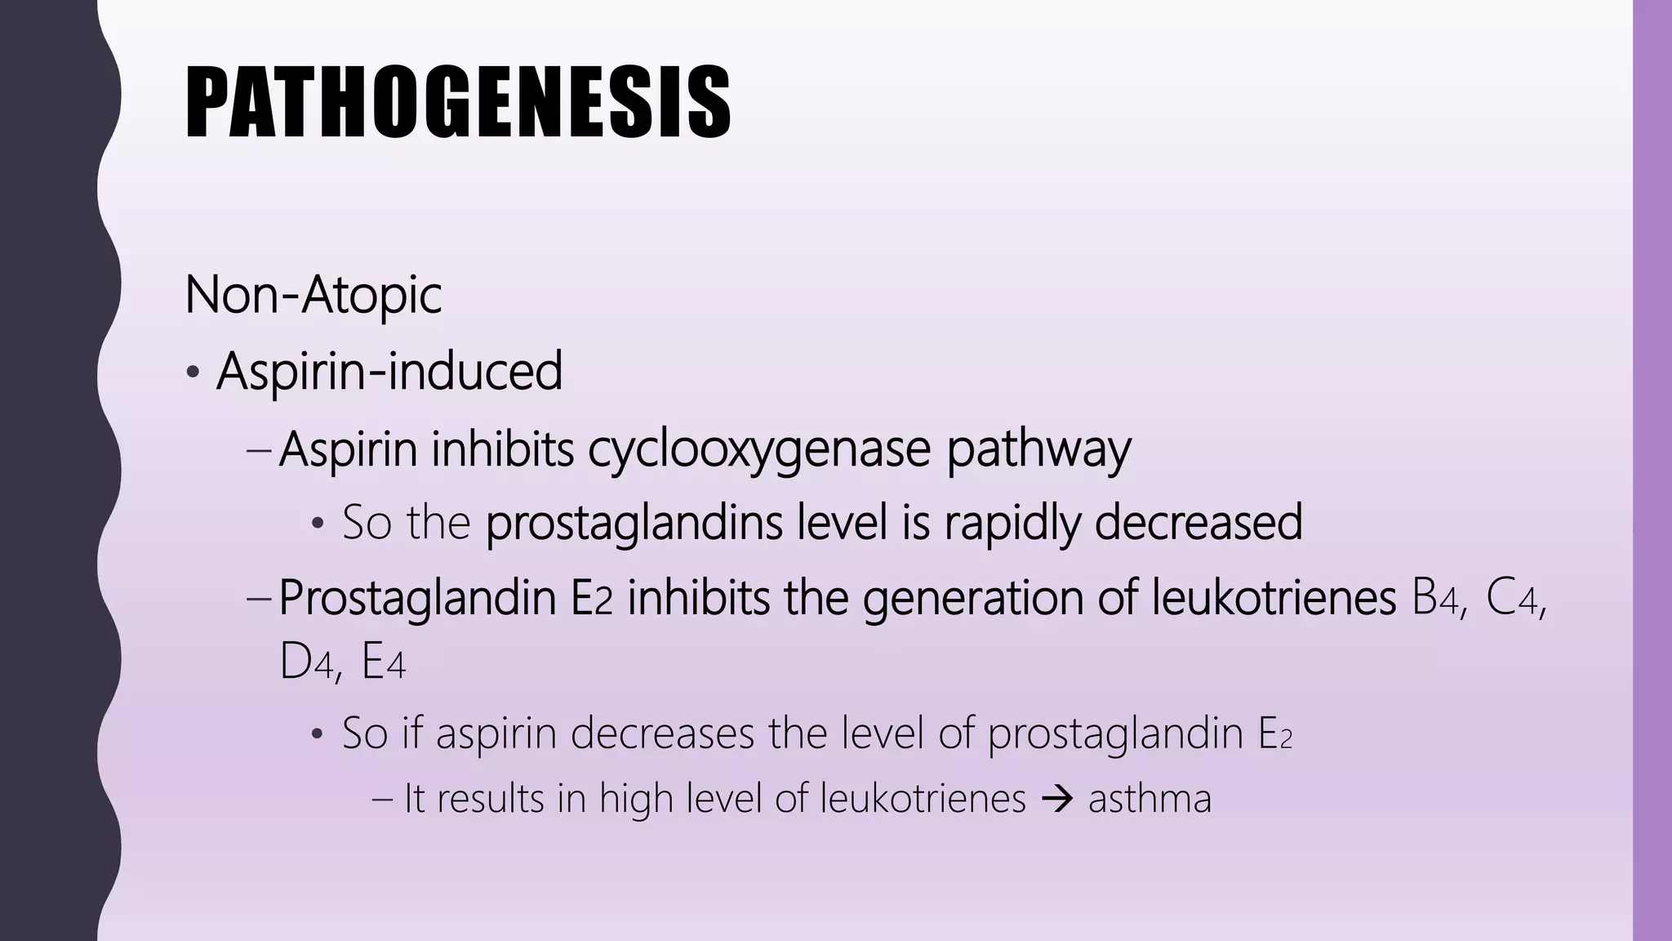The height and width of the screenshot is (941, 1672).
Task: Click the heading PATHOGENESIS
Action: (457, 102)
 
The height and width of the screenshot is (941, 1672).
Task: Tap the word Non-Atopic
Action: (313, 294)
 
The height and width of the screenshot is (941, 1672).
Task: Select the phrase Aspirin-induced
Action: (389, 371)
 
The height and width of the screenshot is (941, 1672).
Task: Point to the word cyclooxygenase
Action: (759, 449)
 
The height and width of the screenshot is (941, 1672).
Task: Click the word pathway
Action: (1038, 449)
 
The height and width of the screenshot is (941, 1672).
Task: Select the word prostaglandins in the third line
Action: (634, 523)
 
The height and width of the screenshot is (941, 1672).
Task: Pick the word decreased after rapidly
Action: (1198, 523)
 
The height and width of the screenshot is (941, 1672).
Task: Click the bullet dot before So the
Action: (318, 525)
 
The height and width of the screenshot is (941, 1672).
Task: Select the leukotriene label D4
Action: (305, 663)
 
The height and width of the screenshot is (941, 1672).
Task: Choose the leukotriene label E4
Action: (383, 663)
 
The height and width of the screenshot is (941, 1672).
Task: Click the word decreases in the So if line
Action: (663, 733)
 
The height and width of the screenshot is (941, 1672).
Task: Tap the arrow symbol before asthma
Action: (1056, 799)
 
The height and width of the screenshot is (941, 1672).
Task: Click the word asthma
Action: (1149, 799)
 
